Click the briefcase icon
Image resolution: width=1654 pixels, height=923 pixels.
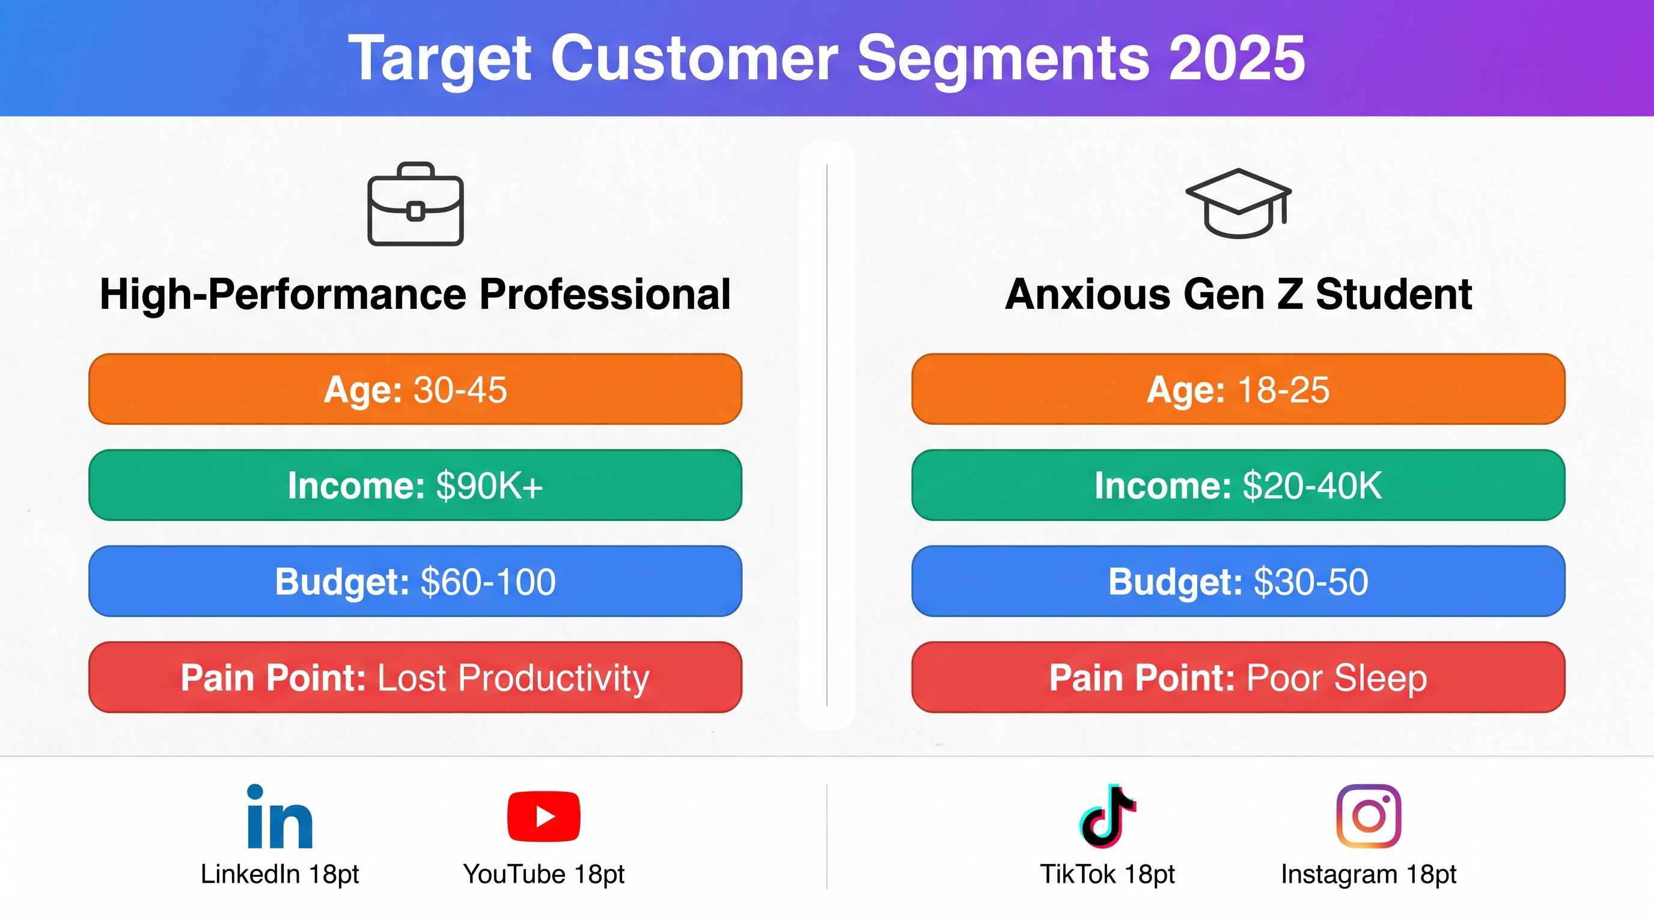point(415,204)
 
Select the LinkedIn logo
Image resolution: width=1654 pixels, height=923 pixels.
point(280,815)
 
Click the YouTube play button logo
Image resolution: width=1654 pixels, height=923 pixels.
point(543,816)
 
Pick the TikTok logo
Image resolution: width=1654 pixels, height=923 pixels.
point(1107,815)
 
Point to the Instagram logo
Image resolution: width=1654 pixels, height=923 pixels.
point(1369,816)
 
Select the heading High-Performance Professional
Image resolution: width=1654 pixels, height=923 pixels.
point(415,294)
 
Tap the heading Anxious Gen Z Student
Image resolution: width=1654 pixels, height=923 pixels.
point(1238,294)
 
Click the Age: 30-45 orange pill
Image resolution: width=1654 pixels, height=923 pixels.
point(415,389)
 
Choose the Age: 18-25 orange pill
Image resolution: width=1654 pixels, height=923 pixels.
point(1238,389)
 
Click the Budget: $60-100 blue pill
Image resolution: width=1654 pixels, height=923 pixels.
point(415,581)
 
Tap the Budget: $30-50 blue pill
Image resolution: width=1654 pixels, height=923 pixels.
point(1238,581)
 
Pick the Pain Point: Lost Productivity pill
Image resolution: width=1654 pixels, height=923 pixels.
point(415,677)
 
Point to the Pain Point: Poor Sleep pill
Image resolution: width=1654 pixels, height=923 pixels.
point(1238,677)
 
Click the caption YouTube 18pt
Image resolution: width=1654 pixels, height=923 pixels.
point(543,874)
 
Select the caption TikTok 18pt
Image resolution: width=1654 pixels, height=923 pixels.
point(1107,874)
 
